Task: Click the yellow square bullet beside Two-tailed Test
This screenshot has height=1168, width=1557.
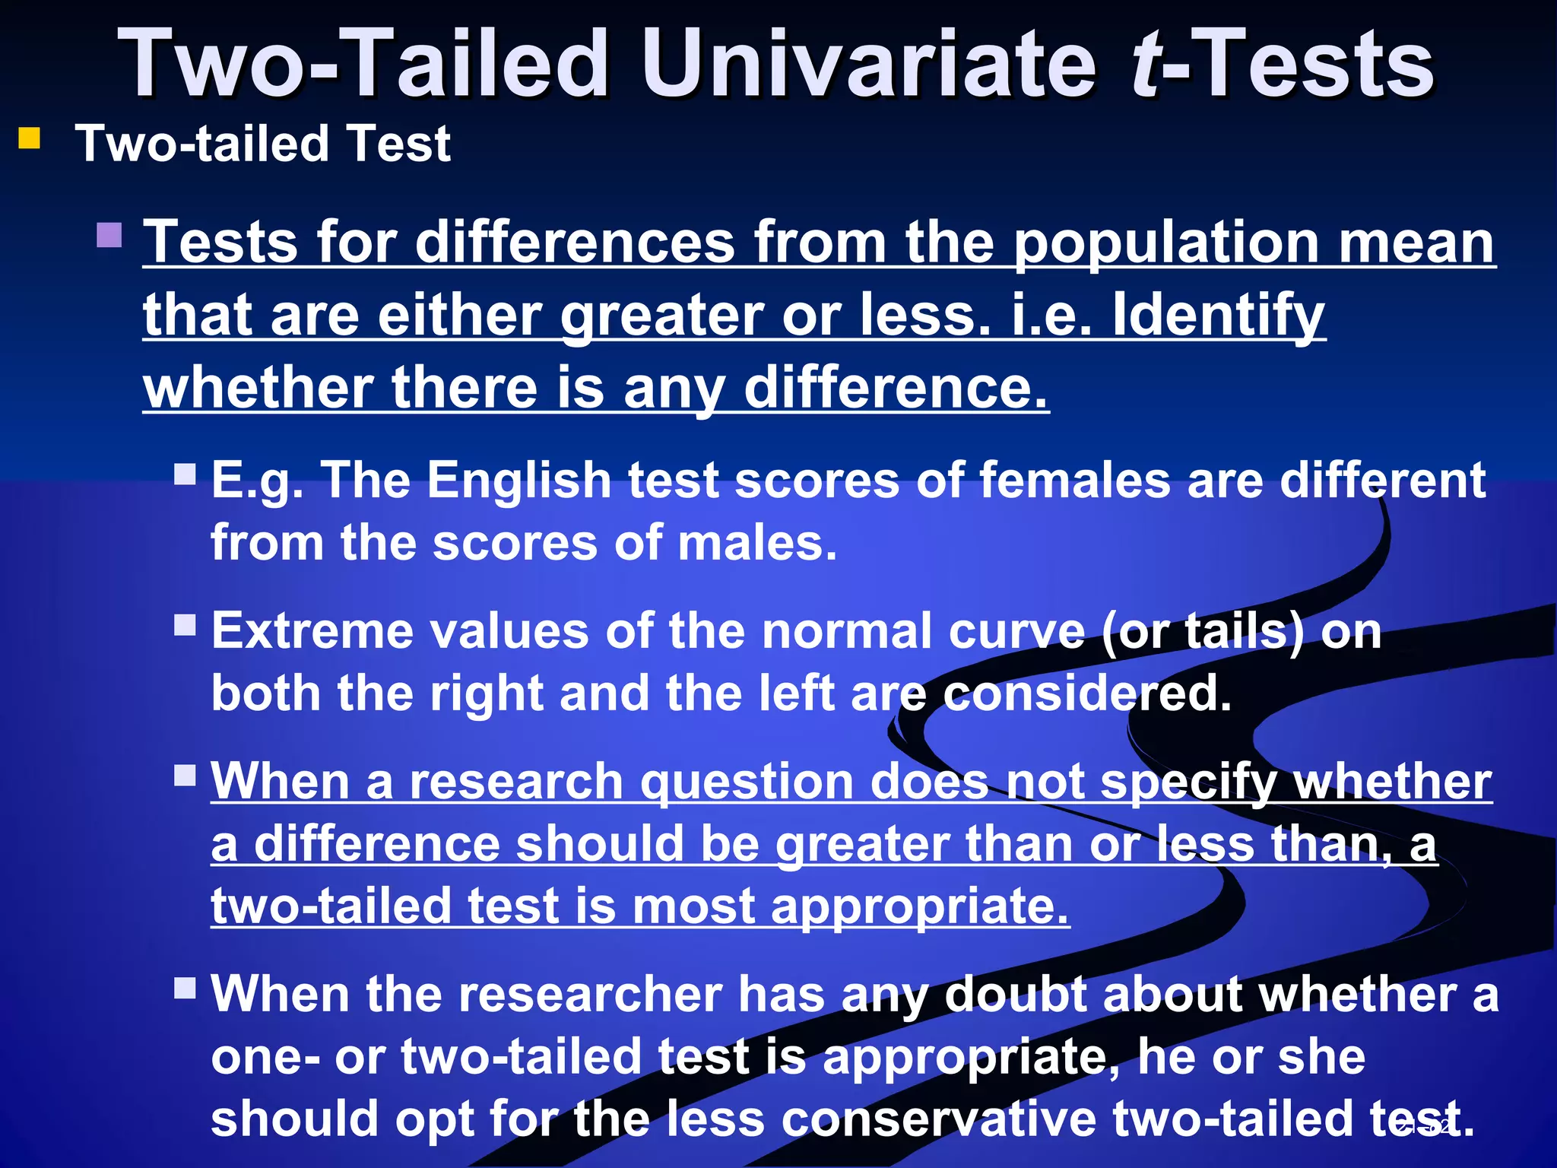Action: coord(30,139)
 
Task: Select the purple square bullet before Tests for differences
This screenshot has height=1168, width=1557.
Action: coord(109,235)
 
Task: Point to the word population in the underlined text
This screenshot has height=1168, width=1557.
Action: coord(1166,243)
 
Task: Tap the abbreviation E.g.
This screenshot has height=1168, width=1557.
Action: coord(257,482)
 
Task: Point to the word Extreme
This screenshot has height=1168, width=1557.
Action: coord(312,631)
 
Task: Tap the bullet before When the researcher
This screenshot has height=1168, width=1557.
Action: coord(185,989)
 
